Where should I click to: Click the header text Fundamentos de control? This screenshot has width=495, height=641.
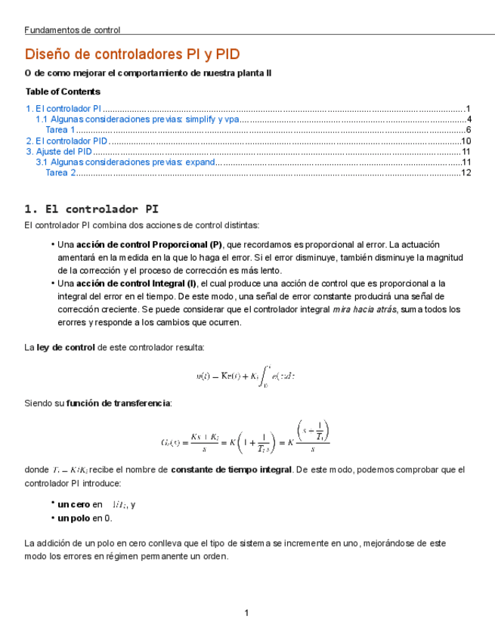coord(72,30)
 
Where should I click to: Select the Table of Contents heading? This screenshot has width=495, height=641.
coord(63,91)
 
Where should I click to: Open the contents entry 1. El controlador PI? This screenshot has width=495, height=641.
coord(63,109)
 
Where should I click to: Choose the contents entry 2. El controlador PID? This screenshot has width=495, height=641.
coord(67,141)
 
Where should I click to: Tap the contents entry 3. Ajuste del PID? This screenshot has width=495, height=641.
coord(59,151)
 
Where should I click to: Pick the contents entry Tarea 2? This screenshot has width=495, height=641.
coord(61,172)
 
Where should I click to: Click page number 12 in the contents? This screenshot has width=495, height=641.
coord(466,172)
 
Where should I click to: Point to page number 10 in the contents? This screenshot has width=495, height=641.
coord(466,141)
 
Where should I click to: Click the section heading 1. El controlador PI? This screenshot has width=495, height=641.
coord(91,209)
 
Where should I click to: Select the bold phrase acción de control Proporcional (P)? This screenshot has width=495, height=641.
coord(150,245)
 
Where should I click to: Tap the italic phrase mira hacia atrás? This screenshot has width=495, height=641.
coord(364,309)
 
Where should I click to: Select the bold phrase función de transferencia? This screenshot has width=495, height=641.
coord(119,403)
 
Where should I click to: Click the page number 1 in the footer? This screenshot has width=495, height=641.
coord(246,612)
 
